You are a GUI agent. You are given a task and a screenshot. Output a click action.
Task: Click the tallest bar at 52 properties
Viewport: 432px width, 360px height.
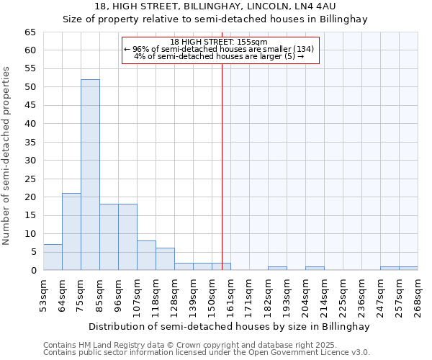coord(90,175)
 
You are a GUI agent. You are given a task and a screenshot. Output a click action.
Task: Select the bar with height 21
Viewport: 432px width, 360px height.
coord(71,232)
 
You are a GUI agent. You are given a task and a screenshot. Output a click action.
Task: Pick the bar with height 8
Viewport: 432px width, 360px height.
coord(146,256)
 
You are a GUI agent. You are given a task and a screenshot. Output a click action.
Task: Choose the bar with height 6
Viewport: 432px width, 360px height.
coord(165,259)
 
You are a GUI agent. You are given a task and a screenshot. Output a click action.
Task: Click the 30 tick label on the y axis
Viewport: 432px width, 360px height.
coord(30,161)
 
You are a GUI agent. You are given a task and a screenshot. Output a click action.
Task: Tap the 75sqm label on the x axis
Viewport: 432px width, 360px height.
coord(81,295)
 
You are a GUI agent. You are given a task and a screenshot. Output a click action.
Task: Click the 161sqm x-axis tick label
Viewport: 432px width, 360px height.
coord(230,295)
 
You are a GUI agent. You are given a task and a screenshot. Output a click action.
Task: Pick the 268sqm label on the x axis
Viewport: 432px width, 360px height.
coord(418,295)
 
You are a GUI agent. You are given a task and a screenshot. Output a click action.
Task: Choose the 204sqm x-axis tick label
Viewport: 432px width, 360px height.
coord(305,295)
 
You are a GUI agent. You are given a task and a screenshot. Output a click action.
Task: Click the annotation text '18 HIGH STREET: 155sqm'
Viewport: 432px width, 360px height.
coord(219,42)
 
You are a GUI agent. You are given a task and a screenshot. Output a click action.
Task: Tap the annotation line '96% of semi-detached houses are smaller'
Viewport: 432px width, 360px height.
coord(219,49)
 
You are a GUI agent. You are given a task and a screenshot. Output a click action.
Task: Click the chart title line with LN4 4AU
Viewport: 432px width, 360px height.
coord(215,6)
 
